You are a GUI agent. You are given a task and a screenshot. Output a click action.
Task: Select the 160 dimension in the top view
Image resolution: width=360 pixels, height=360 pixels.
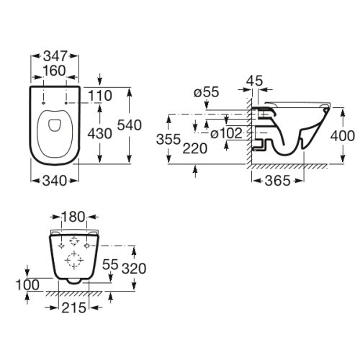point(54,71)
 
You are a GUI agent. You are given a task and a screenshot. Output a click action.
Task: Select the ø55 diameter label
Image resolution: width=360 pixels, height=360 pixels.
point(207,92)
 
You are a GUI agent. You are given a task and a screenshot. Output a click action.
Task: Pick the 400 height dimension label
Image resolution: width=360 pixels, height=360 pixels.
point(343,135)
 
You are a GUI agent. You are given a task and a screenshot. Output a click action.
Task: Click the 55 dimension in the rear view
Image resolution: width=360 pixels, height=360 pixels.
point(108,265)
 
